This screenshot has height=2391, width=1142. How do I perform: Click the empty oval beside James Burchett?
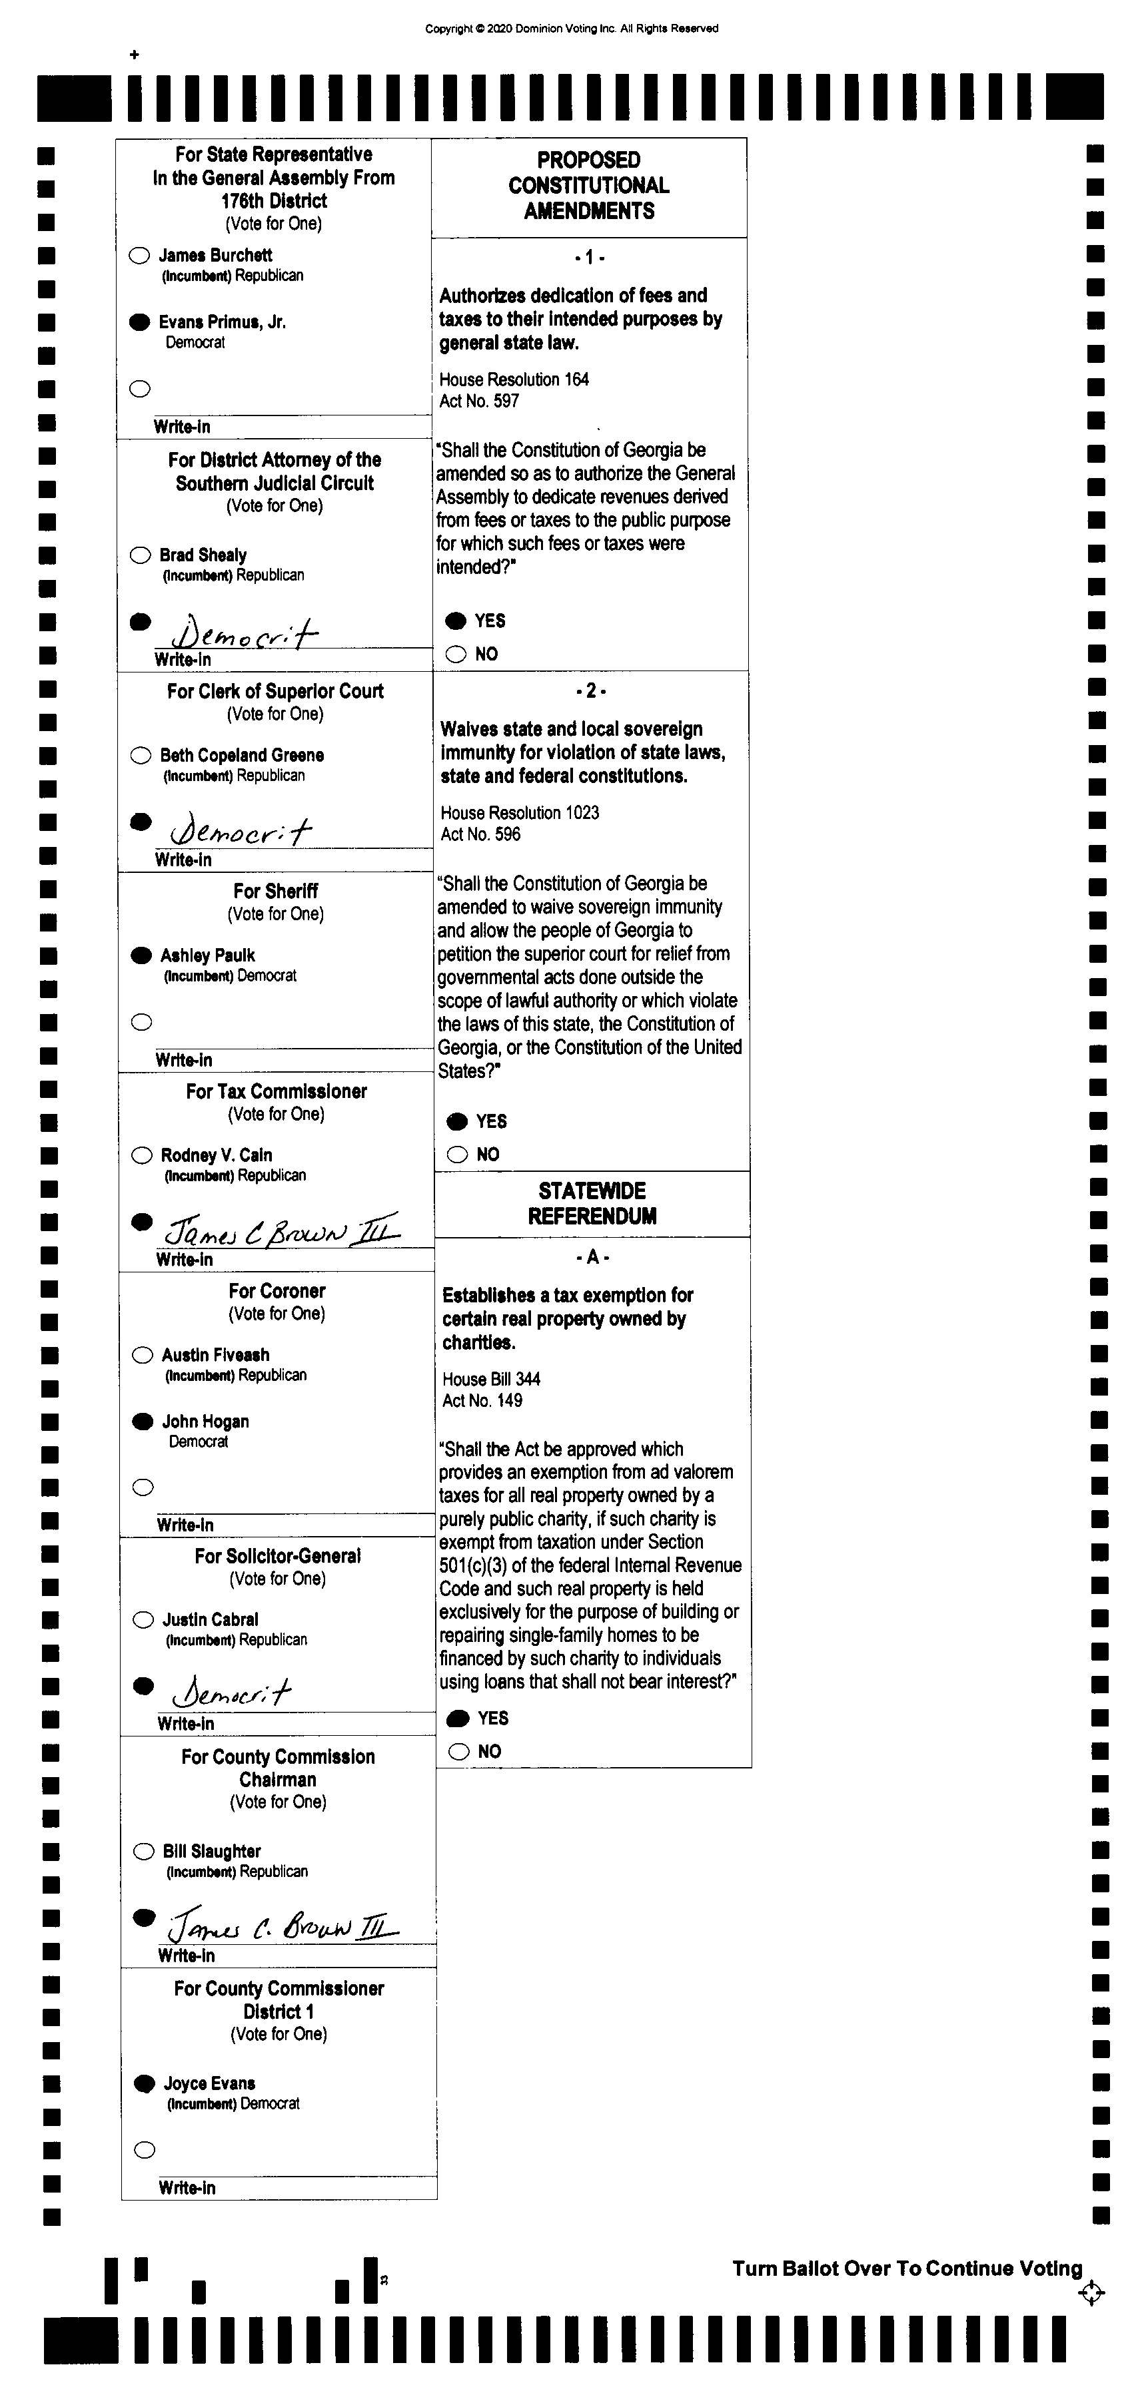pos(139,255)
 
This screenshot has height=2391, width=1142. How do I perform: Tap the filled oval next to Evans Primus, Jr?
pos(139,322)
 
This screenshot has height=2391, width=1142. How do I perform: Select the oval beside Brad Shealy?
pos(140,555)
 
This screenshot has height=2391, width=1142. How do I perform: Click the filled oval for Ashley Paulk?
pos(141,955)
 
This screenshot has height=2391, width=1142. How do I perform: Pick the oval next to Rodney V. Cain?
pos(142,1156)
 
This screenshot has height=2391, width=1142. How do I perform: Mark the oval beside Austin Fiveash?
pos(142,1355)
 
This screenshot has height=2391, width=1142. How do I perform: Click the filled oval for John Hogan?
pos(143,1421)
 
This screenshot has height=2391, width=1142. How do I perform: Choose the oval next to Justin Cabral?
pos(143,1620)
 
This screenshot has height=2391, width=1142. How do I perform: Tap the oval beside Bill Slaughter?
pos(144,1852)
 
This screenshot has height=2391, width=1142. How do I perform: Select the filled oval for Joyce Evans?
pos(144,2084)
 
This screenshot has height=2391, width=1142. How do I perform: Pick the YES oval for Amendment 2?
pos(457,1121)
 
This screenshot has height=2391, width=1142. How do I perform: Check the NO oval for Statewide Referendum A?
pos(458,1752)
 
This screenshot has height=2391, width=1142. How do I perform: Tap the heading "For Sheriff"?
pos(276,891)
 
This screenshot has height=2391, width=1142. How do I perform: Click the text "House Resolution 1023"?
pos(520,813)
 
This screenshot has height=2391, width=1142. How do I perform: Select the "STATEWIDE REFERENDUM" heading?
pos(592,1203)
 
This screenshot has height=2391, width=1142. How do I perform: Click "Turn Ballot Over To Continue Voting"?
pos(907,2268)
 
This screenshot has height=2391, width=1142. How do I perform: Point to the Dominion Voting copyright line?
pos(572,29)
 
